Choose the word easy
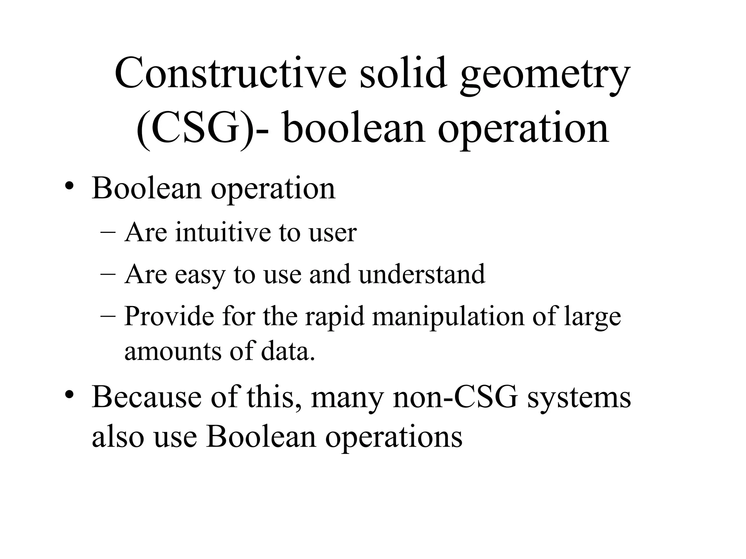200,275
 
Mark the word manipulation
448,317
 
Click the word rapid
334,317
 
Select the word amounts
173,351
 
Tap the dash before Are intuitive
108,233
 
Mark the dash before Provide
108,317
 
